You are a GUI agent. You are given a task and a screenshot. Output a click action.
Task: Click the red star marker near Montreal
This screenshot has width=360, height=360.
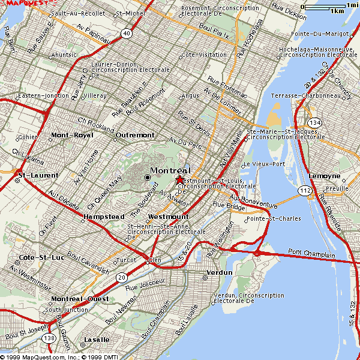179,179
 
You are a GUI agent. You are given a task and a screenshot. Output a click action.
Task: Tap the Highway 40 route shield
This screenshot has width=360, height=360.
126,34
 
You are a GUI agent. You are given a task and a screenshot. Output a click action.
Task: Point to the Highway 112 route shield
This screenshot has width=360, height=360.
305,191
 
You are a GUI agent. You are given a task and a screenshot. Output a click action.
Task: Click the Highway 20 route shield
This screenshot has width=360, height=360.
122,277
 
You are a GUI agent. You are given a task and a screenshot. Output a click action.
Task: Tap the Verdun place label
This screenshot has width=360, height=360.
218,272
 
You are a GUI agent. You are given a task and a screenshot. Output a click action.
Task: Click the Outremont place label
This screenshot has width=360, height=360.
135,135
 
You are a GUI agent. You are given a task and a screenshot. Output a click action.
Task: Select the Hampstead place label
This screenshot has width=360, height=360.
104,216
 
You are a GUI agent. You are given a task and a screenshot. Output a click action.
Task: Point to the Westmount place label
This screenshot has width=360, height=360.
168,216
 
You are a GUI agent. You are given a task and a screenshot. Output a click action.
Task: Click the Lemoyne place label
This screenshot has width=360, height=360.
324,176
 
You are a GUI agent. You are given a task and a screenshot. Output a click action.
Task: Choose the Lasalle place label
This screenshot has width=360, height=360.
97,340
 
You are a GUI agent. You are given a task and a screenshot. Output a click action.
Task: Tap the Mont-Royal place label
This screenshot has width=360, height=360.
71,135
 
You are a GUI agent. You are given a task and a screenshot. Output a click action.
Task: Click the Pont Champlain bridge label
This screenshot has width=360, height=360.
311,254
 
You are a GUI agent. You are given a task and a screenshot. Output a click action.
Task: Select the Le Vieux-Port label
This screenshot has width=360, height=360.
263,164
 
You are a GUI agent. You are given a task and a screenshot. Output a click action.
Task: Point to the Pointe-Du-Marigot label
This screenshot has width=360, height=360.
320,35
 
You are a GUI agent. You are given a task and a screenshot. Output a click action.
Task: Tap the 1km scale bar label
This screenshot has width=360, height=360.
337,11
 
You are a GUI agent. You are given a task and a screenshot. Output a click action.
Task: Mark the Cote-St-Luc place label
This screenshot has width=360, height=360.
37,257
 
